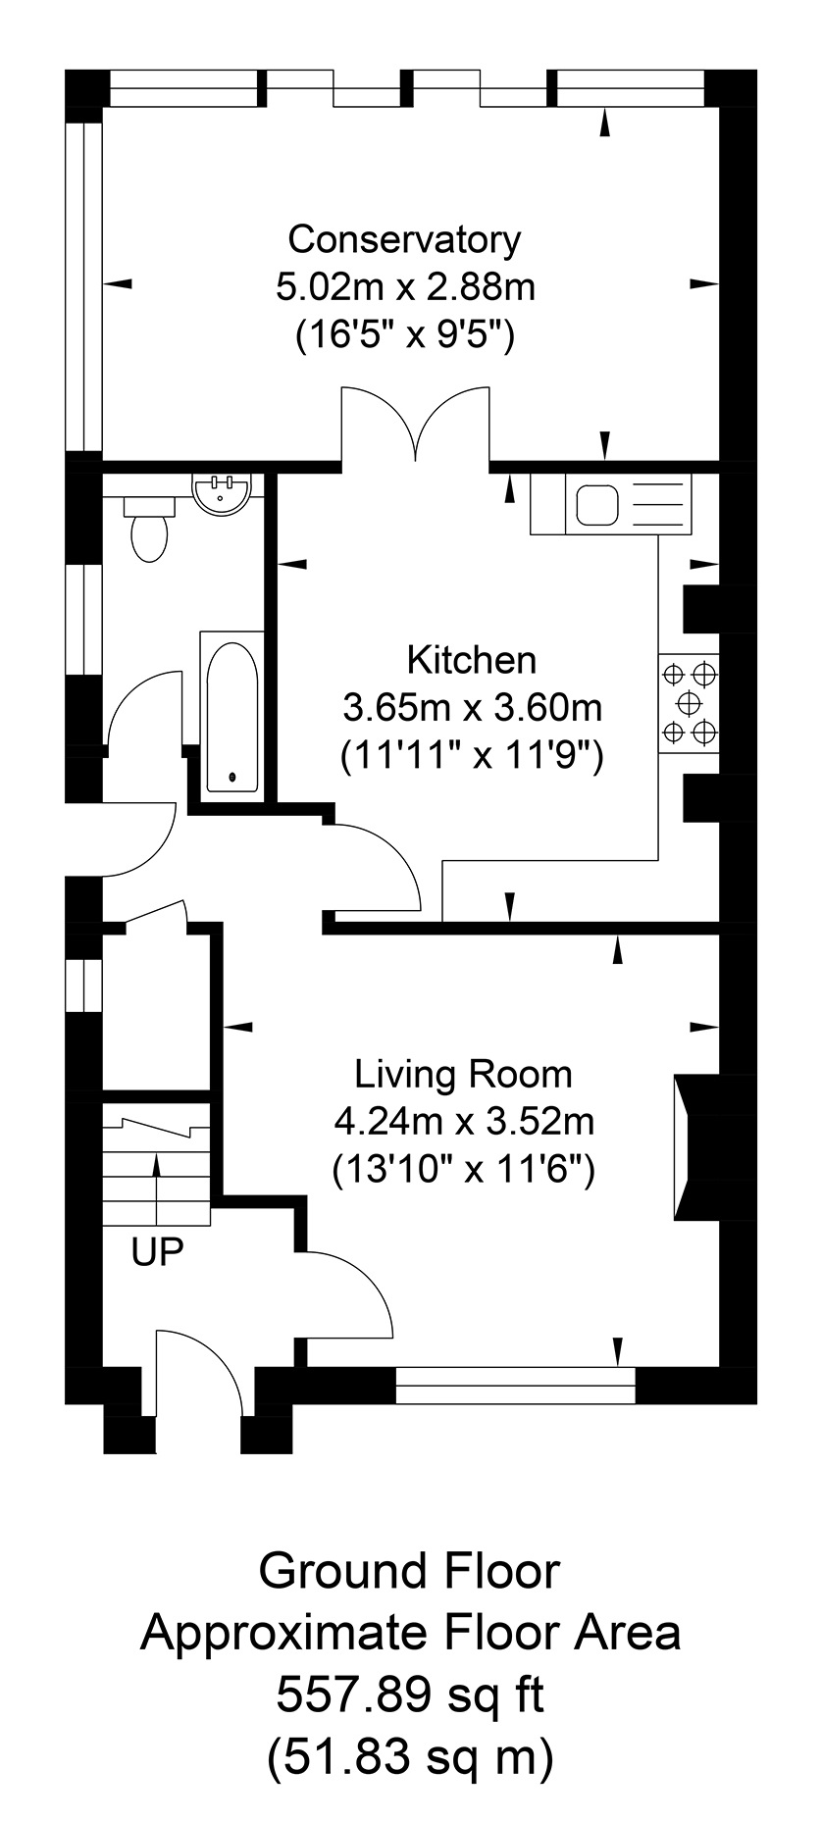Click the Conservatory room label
pos(404,239)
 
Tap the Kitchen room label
pos(472,660)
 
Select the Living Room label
pos(463,1074)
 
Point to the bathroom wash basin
pos(225,493)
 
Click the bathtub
pos(232,712)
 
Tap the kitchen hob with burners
pos(690,703)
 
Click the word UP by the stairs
pos(158,1253)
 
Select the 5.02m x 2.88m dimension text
pos(406,288)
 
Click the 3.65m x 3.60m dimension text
pos(472,707)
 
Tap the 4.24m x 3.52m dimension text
pos(464,1121)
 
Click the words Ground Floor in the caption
pos(409,1572)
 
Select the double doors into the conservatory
pos(415,424)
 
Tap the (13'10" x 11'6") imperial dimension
pos(464,1169)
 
